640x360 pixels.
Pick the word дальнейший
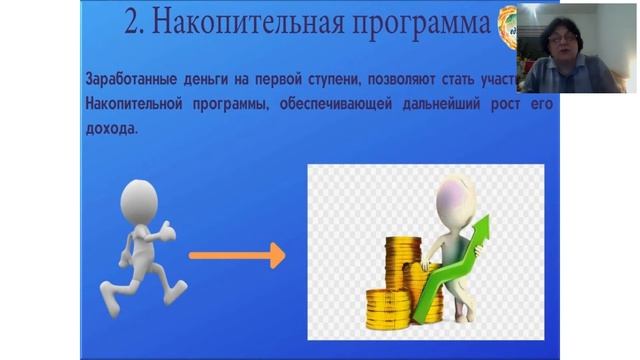tap(431, 104)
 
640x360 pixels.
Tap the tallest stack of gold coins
tap(402, 270)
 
